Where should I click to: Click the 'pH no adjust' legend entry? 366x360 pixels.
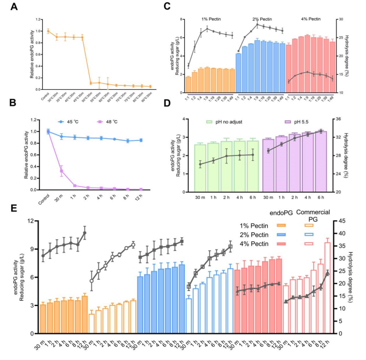223,123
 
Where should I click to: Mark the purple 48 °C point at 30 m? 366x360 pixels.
61,171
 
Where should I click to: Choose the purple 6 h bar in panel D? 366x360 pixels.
321,161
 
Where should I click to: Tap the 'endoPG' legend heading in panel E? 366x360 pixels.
276,212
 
